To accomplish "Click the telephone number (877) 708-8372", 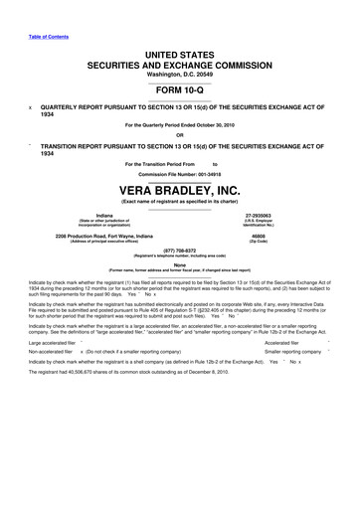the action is point(180,252).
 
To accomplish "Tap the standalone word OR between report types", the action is point(180,136).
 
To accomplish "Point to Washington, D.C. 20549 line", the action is point(180,74).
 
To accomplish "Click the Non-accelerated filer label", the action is point(54,379).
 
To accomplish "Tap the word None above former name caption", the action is point(180,263).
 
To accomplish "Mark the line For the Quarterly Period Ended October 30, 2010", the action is point(180,124).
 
